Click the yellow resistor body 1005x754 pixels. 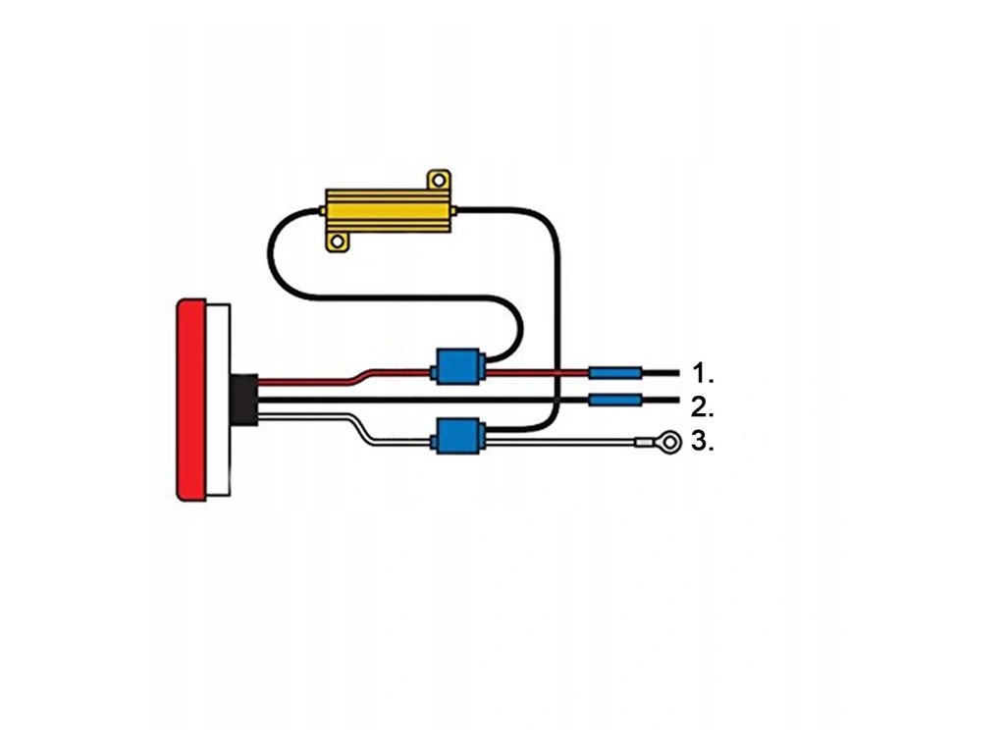coord(387,211)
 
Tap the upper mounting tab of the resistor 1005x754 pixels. coord(438,180)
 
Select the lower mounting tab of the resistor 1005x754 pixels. coord(339,241)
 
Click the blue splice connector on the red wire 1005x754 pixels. coord(458,367)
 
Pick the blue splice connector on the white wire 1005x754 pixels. coord(458,435)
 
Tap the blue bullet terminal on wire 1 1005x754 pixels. coord(615,373)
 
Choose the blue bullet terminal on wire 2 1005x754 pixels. coord(615,401)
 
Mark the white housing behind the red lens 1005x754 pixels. coord(219,400)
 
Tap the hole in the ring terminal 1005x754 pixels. coord(669,444)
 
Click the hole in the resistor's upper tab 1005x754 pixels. coord(439,180)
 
